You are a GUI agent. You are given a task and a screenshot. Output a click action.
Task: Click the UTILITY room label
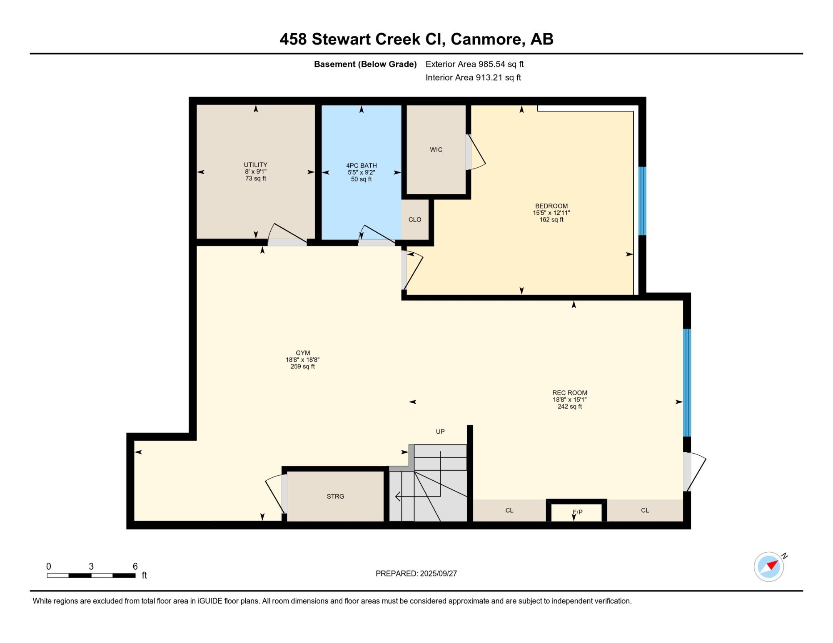coord(255,165)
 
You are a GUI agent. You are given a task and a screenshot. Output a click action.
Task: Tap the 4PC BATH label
coord(362,166)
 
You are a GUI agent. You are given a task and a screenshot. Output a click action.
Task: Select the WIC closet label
coord(436,150)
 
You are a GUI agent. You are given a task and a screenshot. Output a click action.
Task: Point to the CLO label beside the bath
coord(415,220)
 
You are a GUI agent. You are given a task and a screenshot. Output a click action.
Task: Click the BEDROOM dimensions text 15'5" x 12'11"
coord(551,213)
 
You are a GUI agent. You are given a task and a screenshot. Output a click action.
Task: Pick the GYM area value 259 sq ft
coord(303,367)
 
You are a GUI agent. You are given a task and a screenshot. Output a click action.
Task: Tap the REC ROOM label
coord(570,393)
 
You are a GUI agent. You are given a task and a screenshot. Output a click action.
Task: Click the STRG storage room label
coord(335,497)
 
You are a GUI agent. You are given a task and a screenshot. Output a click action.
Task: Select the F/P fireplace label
coord(577,512)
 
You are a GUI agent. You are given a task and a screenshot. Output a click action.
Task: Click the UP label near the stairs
coord(440,432)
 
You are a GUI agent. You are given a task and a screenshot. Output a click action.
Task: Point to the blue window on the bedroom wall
coord(643,201)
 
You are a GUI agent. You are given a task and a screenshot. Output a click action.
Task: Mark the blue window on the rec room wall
coord(687,383)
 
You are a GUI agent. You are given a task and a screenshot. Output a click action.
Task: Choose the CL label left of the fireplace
coord(509,511)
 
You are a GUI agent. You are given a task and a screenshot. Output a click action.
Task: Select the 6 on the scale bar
coord(135,566)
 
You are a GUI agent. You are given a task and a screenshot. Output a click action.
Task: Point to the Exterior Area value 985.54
coord(491,65)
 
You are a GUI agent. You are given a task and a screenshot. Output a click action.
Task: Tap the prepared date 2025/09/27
coord(438,573)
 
